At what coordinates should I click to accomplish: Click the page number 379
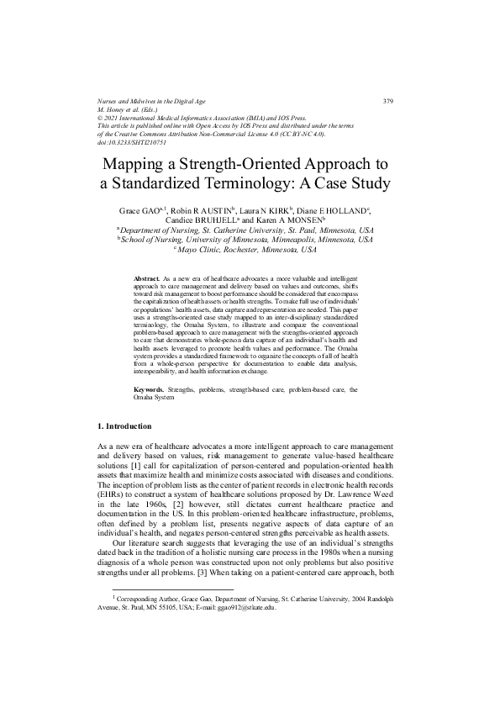click(387, 103)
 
